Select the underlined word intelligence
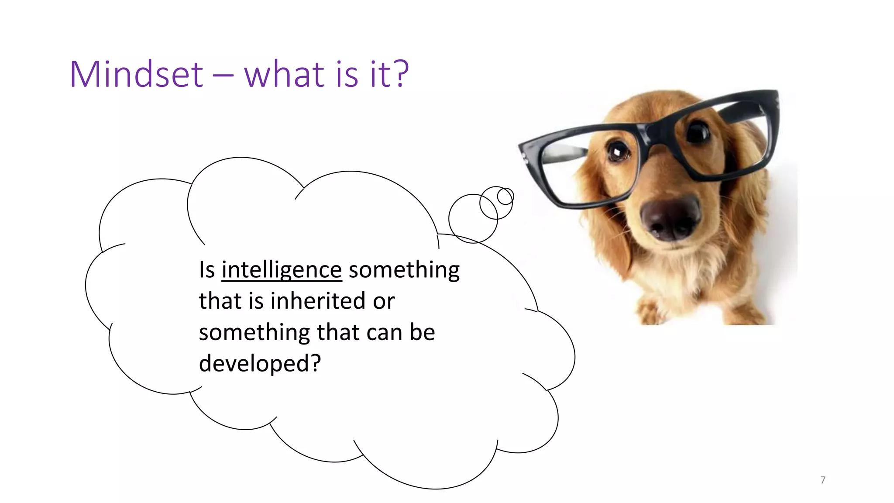(282, 270)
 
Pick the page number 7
(823, 480)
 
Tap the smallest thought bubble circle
(505, 196)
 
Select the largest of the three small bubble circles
(473, 218)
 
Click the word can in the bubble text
(384, 333)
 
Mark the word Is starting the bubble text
(207, 270)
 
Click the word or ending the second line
(384, 301)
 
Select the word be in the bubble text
(422, 333)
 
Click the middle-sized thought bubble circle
(496, 203)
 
